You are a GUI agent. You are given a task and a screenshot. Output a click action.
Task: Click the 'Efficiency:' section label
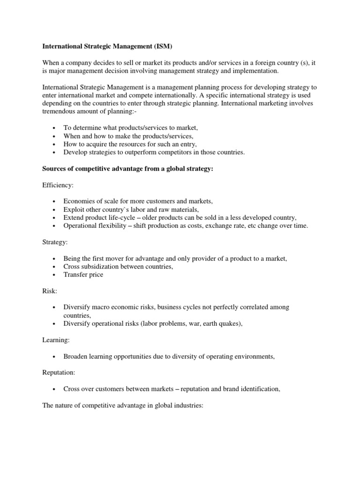pos(58,185)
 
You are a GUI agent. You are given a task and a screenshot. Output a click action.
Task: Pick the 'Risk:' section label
pos(50,291)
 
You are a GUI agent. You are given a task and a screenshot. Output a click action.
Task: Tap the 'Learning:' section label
pos(56,340)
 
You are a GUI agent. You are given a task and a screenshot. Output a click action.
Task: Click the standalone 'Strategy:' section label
pos(55,242)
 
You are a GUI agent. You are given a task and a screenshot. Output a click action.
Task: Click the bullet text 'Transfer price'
pos(83,275)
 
